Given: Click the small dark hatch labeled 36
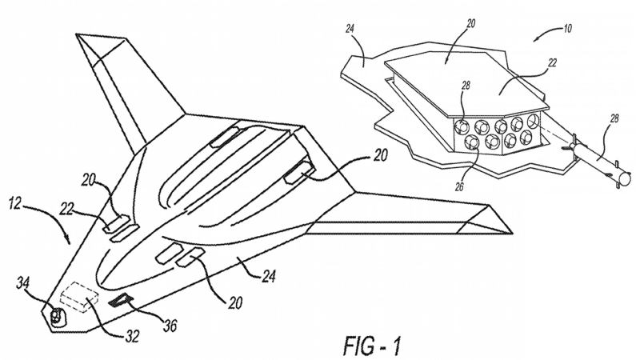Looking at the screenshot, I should [121, 299].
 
